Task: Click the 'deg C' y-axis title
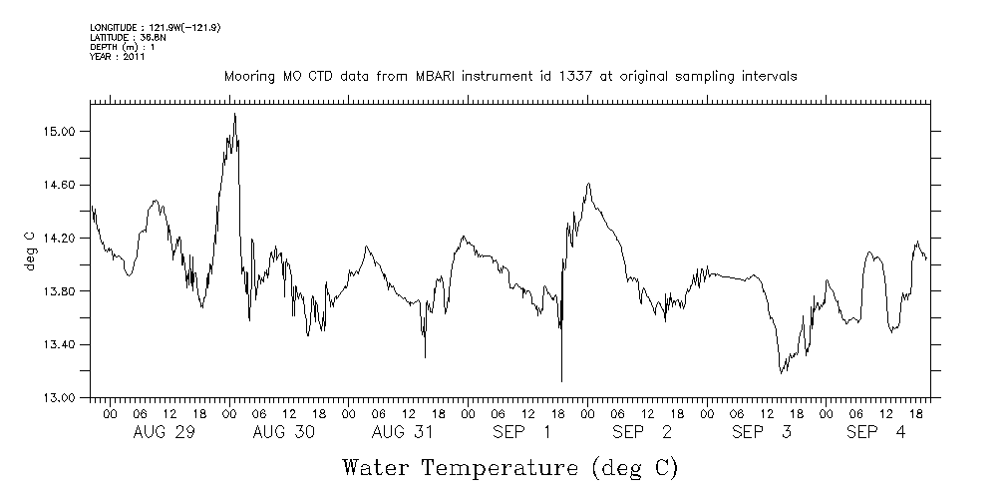coord(30,251)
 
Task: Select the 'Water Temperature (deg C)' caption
coord(509,467)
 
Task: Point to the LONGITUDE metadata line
coord(155,27)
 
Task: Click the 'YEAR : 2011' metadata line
coord(118,57)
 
